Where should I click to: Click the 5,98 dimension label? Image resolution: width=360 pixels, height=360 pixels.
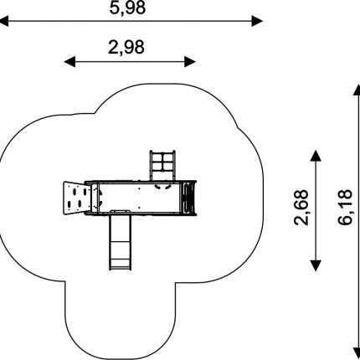click(127, 8)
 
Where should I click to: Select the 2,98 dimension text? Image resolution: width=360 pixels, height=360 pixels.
click(126, 47)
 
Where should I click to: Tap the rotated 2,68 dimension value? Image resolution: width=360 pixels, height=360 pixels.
click(301, 208)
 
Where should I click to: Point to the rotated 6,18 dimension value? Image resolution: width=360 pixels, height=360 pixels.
click(345, 207)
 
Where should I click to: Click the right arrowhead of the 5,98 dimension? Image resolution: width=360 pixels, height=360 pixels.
click(257, 21)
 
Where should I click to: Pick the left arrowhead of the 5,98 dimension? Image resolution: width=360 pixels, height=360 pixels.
click(4, 21)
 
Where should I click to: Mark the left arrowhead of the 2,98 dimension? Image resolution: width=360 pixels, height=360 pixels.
click(69, 62)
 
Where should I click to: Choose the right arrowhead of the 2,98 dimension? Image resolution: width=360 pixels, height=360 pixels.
click(190, 62)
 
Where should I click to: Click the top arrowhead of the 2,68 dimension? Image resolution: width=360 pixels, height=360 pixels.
click(316, 156)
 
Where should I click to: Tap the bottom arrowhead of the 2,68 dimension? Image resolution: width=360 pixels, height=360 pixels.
click(316, 265)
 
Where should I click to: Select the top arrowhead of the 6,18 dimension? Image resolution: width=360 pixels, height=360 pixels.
click(357, 90)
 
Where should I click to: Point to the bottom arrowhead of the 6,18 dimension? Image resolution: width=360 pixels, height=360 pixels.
click(357, 353)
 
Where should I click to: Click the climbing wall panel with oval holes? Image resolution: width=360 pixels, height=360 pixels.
click(77, 198)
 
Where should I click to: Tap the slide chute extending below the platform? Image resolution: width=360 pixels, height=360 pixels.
click(120, 240)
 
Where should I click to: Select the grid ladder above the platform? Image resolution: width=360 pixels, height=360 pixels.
click(162, 166)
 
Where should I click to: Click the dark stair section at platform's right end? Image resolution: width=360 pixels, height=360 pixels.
click(188, 198)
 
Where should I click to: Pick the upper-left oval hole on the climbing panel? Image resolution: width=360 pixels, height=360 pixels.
click(75, 192)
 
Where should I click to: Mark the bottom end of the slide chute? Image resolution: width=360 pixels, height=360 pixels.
click(120, 269)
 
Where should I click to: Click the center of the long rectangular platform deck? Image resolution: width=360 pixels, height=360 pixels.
click(139, 198)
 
